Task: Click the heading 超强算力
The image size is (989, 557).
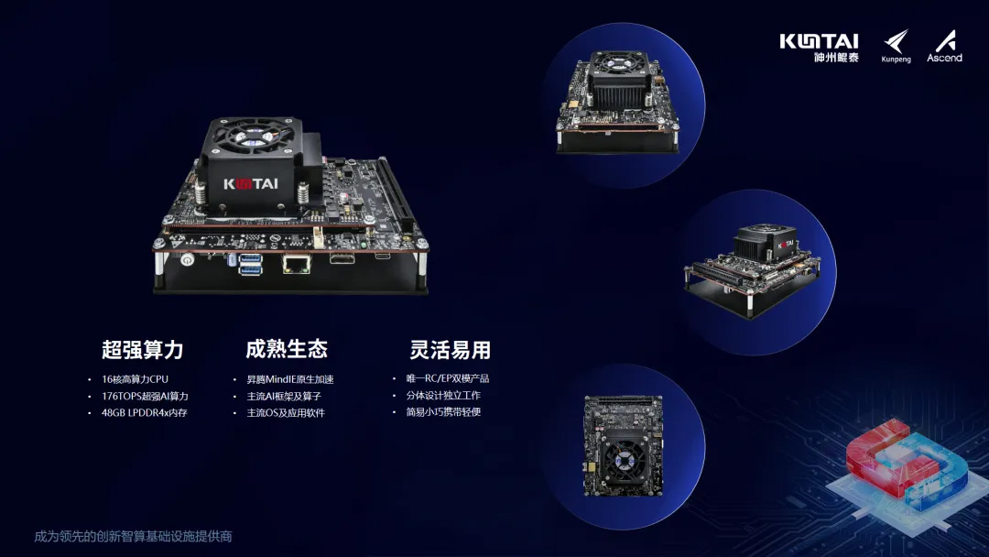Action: pos(143,349)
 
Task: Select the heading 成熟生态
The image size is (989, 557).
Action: pos(287,349)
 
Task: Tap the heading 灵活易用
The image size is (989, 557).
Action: pos(450,349)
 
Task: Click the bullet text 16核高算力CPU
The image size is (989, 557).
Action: pos(135,379)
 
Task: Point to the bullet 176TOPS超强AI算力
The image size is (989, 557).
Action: pos(145,396)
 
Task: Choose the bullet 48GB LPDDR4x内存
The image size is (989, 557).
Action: pos(145,412)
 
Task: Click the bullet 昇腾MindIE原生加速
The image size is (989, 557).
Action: pos(290,379)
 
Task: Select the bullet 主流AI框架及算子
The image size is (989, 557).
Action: pos(284,396)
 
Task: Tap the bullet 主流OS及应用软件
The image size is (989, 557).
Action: pos(286,412)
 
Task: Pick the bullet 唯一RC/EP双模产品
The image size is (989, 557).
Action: pos(448,378)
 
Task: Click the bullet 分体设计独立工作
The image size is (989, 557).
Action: pos(443,396)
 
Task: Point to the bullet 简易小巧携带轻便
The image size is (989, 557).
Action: pos(443,412)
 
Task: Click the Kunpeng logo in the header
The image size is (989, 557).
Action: pos(897,46)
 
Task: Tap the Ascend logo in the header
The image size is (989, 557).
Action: pos(944,46)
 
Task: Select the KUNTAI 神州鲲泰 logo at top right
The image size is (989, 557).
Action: pos(820,48)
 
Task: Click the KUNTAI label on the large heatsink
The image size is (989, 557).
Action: pos(250,184)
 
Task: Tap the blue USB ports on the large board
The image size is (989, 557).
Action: pos(250,265)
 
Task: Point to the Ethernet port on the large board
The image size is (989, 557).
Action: pos(296,263)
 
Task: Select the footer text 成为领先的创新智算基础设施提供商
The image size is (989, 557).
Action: pos(133,536)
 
